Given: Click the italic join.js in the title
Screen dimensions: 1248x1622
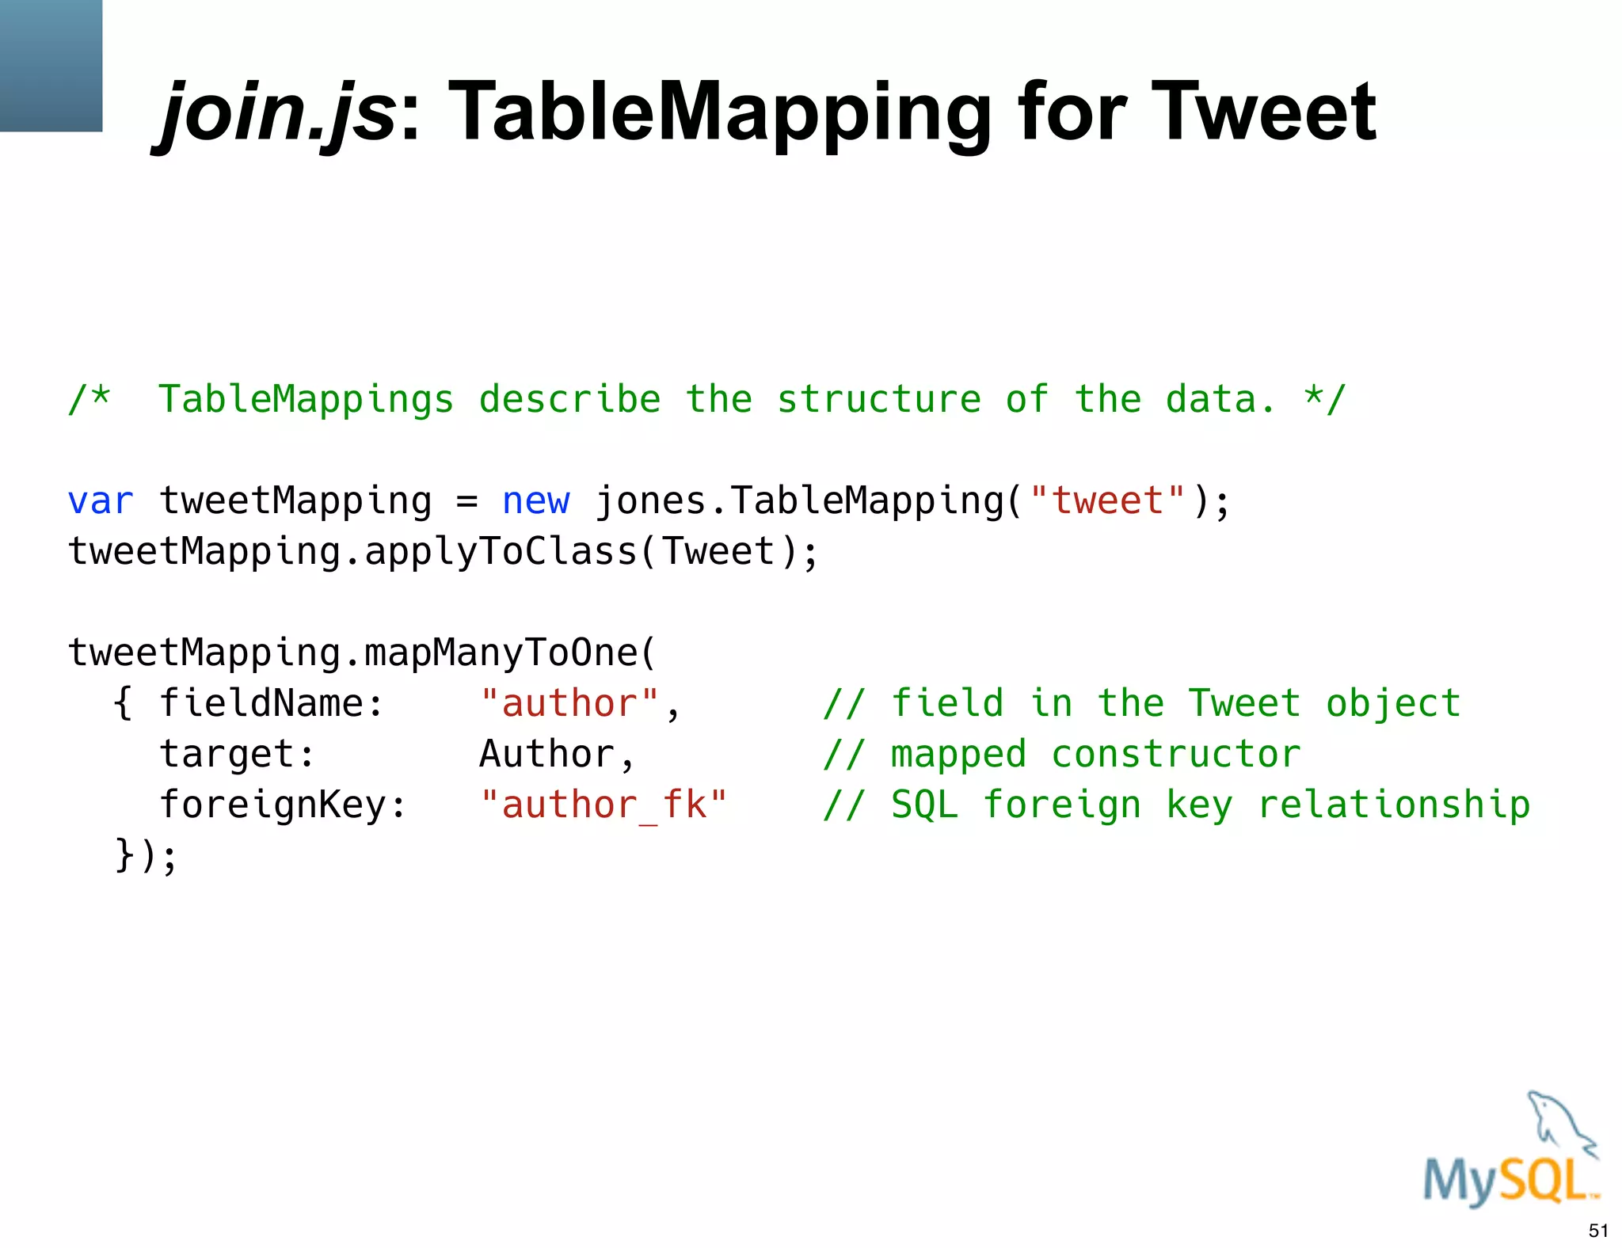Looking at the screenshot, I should (x=277, y=112).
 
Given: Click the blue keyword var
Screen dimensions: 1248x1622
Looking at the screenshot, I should (x=101, y=501).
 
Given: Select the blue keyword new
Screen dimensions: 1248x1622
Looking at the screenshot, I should (x=535, y=501).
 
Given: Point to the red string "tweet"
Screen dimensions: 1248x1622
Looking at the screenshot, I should (x=1107, y=501).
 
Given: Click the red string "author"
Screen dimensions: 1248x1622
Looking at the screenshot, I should (x=569, y=704).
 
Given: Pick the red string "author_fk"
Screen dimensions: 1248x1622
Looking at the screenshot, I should (x=603, y=805).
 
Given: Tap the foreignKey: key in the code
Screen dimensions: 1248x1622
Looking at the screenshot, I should (x=283, y=805).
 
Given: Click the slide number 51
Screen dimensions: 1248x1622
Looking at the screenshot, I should (x=1598, y=1231).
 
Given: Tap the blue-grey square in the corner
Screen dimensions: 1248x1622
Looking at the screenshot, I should (x=51, y=65).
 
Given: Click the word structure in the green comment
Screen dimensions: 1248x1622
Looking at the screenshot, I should (x=879, y=400).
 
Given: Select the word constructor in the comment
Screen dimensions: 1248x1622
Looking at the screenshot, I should (x=1176, y=755).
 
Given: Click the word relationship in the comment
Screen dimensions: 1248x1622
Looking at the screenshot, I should (x=1394, y=805).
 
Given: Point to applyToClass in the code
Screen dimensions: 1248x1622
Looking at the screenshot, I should (x=501, y=552).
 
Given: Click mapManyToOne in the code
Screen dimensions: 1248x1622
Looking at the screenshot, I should (x=501, y=653).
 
